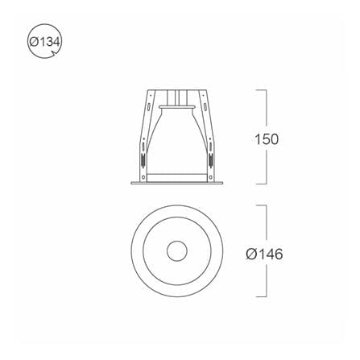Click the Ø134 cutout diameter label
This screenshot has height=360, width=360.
(x=44, y=42)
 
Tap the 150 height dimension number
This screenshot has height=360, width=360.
(x=267, y=139)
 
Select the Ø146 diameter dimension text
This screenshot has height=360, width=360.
(x=264, y=254)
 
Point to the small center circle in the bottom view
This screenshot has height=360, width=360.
(x=176, y=250)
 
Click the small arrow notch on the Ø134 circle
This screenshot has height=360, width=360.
(x=56, y=53)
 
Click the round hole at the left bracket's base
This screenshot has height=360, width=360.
(x=143, y=177)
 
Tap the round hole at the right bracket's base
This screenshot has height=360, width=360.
(x=210, y=177)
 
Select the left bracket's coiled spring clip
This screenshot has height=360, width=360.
(x=143, y=159)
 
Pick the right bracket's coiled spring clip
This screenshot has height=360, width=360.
(x=211, y=159)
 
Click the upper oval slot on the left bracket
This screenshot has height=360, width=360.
(x=148, y=107)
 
